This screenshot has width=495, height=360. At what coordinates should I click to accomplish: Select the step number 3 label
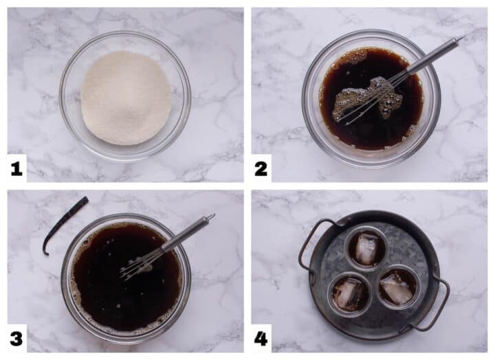pyautogui.click(x=16, y=338)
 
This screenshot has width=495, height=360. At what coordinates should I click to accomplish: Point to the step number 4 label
pyautogui.click(x=261, y=338)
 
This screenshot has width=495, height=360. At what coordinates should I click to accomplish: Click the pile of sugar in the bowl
pyautogui.click(x=124, y=97)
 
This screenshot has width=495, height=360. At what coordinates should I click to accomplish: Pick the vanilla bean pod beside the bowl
pyautogui.click(x=64, y=223)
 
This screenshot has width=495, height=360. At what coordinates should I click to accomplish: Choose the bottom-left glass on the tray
pyautogui.click(x=349, y=293)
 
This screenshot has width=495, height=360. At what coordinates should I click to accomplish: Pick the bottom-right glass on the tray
pyautogui.click(x=398, y=287)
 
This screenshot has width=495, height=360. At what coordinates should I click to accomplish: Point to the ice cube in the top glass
pyautogui.click(x=366, y=247)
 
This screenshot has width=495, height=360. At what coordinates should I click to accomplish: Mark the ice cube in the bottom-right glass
pyautogui.click(x=397, y=289)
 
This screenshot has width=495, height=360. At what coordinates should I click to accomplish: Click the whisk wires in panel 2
pyautogui.click(x=375, y=95)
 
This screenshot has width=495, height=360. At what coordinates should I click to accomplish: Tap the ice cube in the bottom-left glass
pyautogui.click(x=347, y=295)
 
